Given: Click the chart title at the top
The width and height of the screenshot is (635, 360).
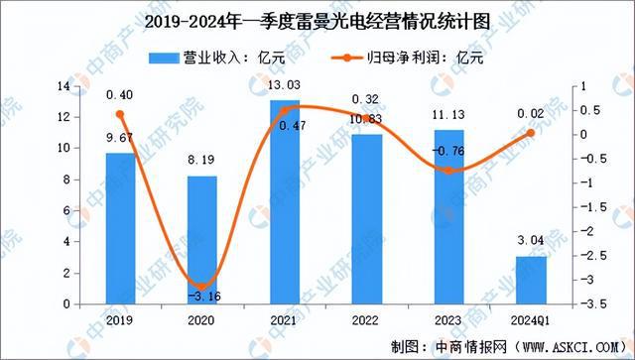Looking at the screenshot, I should [317, 22].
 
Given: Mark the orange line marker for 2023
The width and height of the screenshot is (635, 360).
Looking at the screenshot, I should [448, 171].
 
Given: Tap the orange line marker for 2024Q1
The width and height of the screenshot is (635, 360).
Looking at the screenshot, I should [531, 133].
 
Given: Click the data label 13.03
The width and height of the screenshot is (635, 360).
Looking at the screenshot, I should [285, 89].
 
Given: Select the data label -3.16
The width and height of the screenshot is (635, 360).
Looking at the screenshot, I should [202, 295].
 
